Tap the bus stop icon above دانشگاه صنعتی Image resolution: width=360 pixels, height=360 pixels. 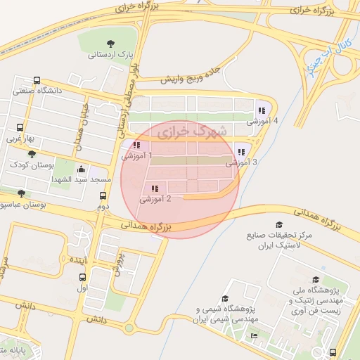click(37, 81)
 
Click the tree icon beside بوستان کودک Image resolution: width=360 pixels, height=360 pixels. click(32, 153)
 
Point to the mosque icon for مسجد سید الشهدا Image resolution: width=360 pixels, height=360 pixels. click(82, 169)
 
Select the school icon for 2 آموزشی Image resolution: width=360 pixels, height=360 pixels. click(154, 188)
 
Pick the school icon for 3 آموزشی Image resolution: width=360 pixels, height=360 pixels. click(241, 151)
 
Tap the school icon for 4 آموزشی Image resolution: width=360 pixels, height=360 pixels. click(262, 110)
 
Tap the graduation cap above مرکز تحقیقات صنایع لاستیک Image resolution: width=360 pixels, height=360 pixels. click(269, 224)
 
